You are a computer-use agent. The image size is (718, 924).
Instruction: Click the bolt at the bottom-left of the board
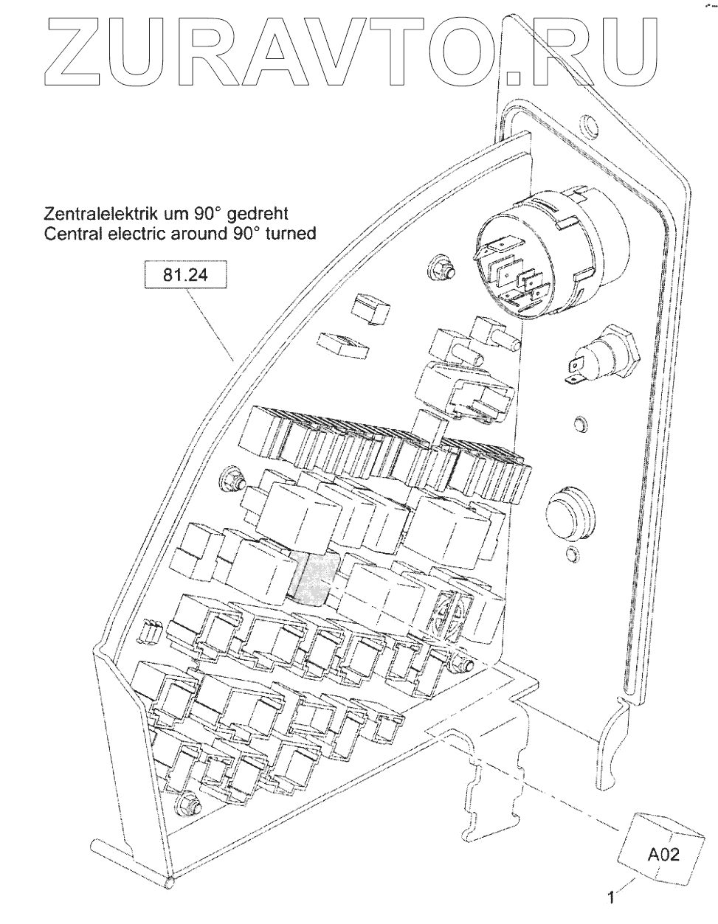(189, 804)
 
